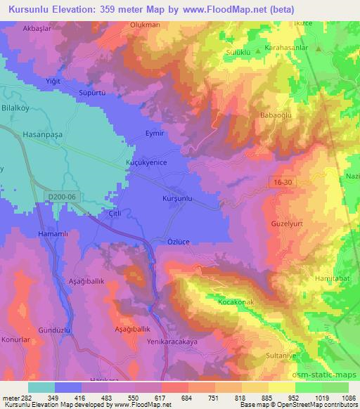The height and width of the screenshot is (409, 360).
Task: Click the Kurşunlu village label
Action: (177, 199)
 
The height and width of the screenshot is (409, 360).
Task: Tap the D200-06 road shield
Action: (60, 198)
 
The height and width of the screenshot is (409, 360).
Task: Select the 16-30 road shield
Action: (283, 183)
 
